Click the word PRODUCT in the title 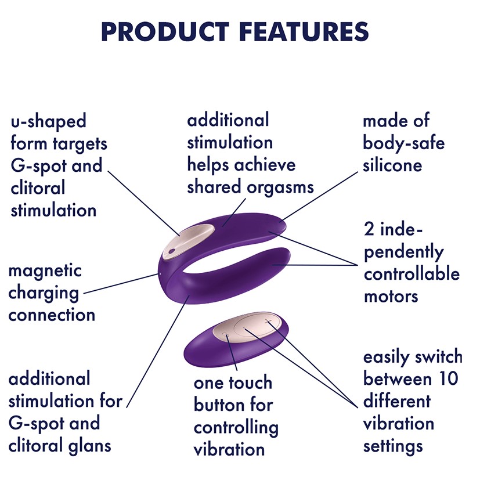165,31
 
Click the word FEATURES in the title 304,31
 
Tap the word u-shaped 48,122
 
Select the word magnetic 45,270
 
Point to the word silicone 392,165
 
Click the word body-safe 403,143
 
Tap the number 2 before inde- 369,229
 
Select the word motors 391,297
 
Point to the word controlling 236,428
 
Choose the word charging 44,294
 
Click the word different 397,401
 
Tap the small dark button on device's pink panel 172,251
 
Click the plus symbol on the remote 269,321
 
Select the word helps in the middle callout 208,165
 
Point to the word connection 52,315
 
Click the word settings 393,447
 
